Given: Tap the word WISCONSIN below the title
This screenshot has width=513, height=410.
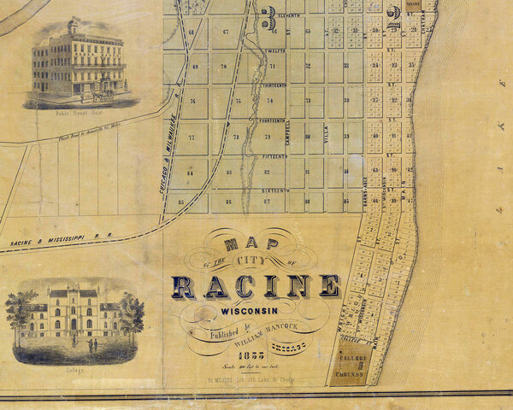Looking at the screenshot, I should pos(253,311).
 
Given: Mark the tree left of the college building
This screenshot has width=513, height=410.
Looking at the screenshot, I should pos(22,314).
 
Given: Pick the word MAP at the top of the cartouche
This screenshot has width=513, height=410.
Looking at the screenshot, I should pos(253,241).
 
